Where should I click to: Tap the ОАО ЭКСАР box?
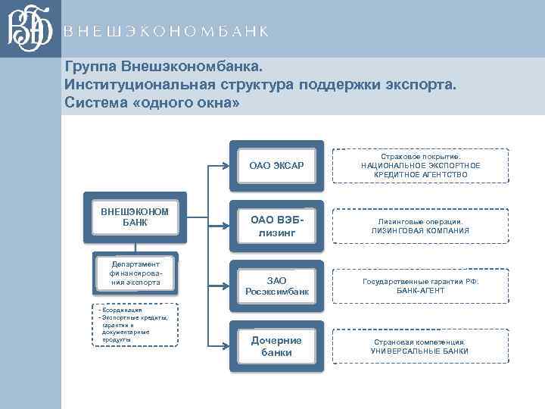[276, 165]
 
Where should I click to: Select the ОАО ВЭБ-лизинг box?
[276, 225]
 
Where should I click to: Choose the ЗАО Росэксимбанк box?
[276, 286]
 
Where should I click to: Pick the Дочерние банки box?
[276, 346]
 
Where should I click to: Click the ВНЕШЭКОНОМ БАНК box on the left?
[135, 217]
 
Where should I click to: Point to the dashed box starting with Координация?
[135, 324]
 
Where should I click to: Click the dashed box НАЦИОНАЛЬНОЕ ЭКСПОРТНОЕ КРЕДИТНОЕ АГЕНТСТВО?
[420, 164]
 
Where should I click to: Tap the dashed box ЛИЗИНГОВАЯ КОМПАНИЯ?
[420, 226]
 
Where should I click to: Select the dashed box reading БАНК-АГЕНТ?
[420, 286]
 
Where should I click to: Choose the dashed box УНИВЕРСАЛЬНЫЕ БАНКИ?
[420, 346]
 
